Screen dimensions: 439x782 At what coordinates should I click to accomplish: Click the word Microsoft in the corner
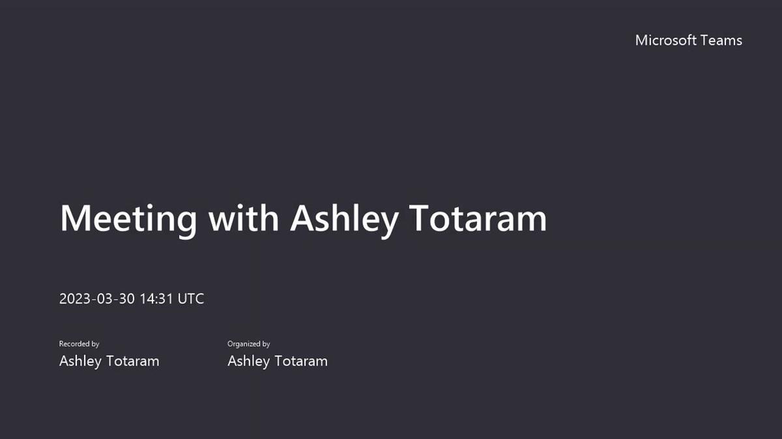665,40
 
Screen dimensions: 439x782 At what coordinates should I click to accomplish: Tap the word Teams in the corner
721,40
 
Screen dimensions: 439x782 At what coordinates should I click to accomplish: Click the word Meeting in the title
128,218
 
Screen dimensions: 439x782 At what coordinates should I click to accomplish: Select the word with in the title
243,218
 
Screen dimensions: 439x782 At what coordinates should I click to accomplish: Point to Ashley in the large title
343,219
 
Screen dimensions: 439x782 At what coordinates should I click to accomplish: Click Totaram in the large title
478,218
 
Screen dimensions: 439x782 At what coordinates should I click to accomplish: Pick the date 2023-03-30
96,299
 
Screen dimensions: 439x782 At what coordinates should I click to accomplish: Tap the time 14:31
156,299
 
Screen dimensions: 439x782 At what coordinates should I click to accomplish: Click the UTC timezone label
191,299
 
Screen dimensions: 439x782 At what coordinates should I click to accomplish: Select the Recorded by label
79,344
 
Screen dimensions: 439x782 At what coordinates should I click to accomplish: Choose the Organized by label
248,344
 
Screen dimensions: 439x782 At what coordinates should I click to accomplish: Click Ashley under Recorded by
80,361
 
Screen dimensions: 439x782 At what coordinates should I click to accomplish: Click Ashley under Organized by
248,361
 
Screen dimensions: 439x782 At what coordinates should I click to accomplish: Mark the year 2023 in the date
74,299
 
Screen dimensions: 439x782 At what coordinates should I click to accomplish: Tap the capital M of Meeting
73,218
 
